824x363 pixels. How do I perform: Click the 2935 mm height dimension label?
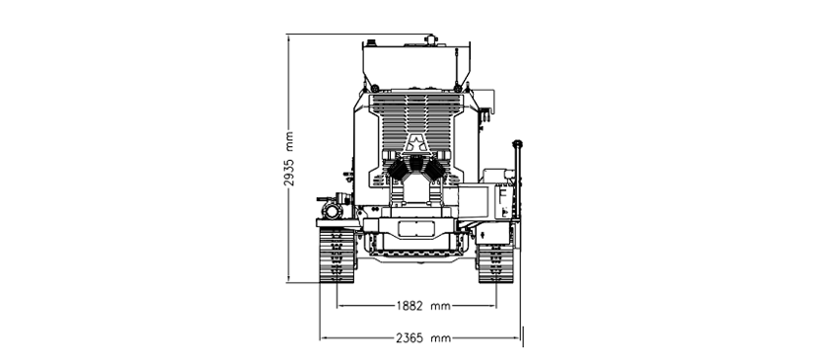click(289, 158)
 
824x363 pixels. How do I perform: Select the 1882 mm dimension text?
click(423, 306)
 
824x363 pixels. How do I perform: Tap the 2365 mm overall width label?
click(423, 338)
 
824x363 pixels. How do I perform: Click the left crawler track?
click(337, 255)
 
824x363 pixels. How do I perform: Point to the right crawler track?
click(495, 263)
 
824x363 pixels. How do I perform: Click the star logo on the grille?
click(415, 143)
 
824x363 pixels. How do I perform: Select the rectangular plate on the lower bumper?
click(416, 229)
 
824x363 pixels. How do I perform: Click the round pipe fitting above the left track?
click(333, 211)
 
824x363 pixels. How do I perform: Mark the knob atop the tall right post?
click(517, 143)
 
